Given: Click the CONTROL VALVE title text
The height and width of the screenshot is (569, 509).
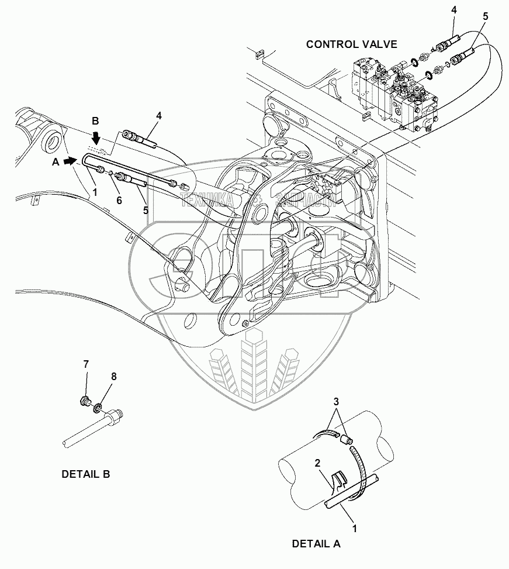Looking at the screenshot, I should pyautogui.click(x=351, y=44).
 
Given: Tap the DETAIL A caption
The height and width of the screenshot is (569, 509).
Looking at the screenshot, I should pyautogui.click(x=316, y=543).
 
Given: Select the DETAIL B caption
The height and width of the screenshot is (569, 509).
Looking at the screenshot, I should pyautogui.click(x=85, y=474).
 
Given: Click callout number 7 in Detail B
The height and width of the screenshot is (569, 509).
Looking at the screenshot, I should pyautogui.click(x=85, y=364).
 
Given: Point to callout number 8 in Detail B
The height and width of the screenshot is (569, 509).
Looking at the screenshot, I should pyautogui.click(x=114, y=377).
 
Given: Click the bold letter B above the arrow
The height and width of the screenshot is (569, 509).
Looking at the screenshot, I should pyautogui.click(x=96, y=121).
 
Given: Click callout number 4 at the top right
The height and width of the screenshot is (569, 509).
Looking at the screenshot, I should pyautogui.click(x=453, y=10).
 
